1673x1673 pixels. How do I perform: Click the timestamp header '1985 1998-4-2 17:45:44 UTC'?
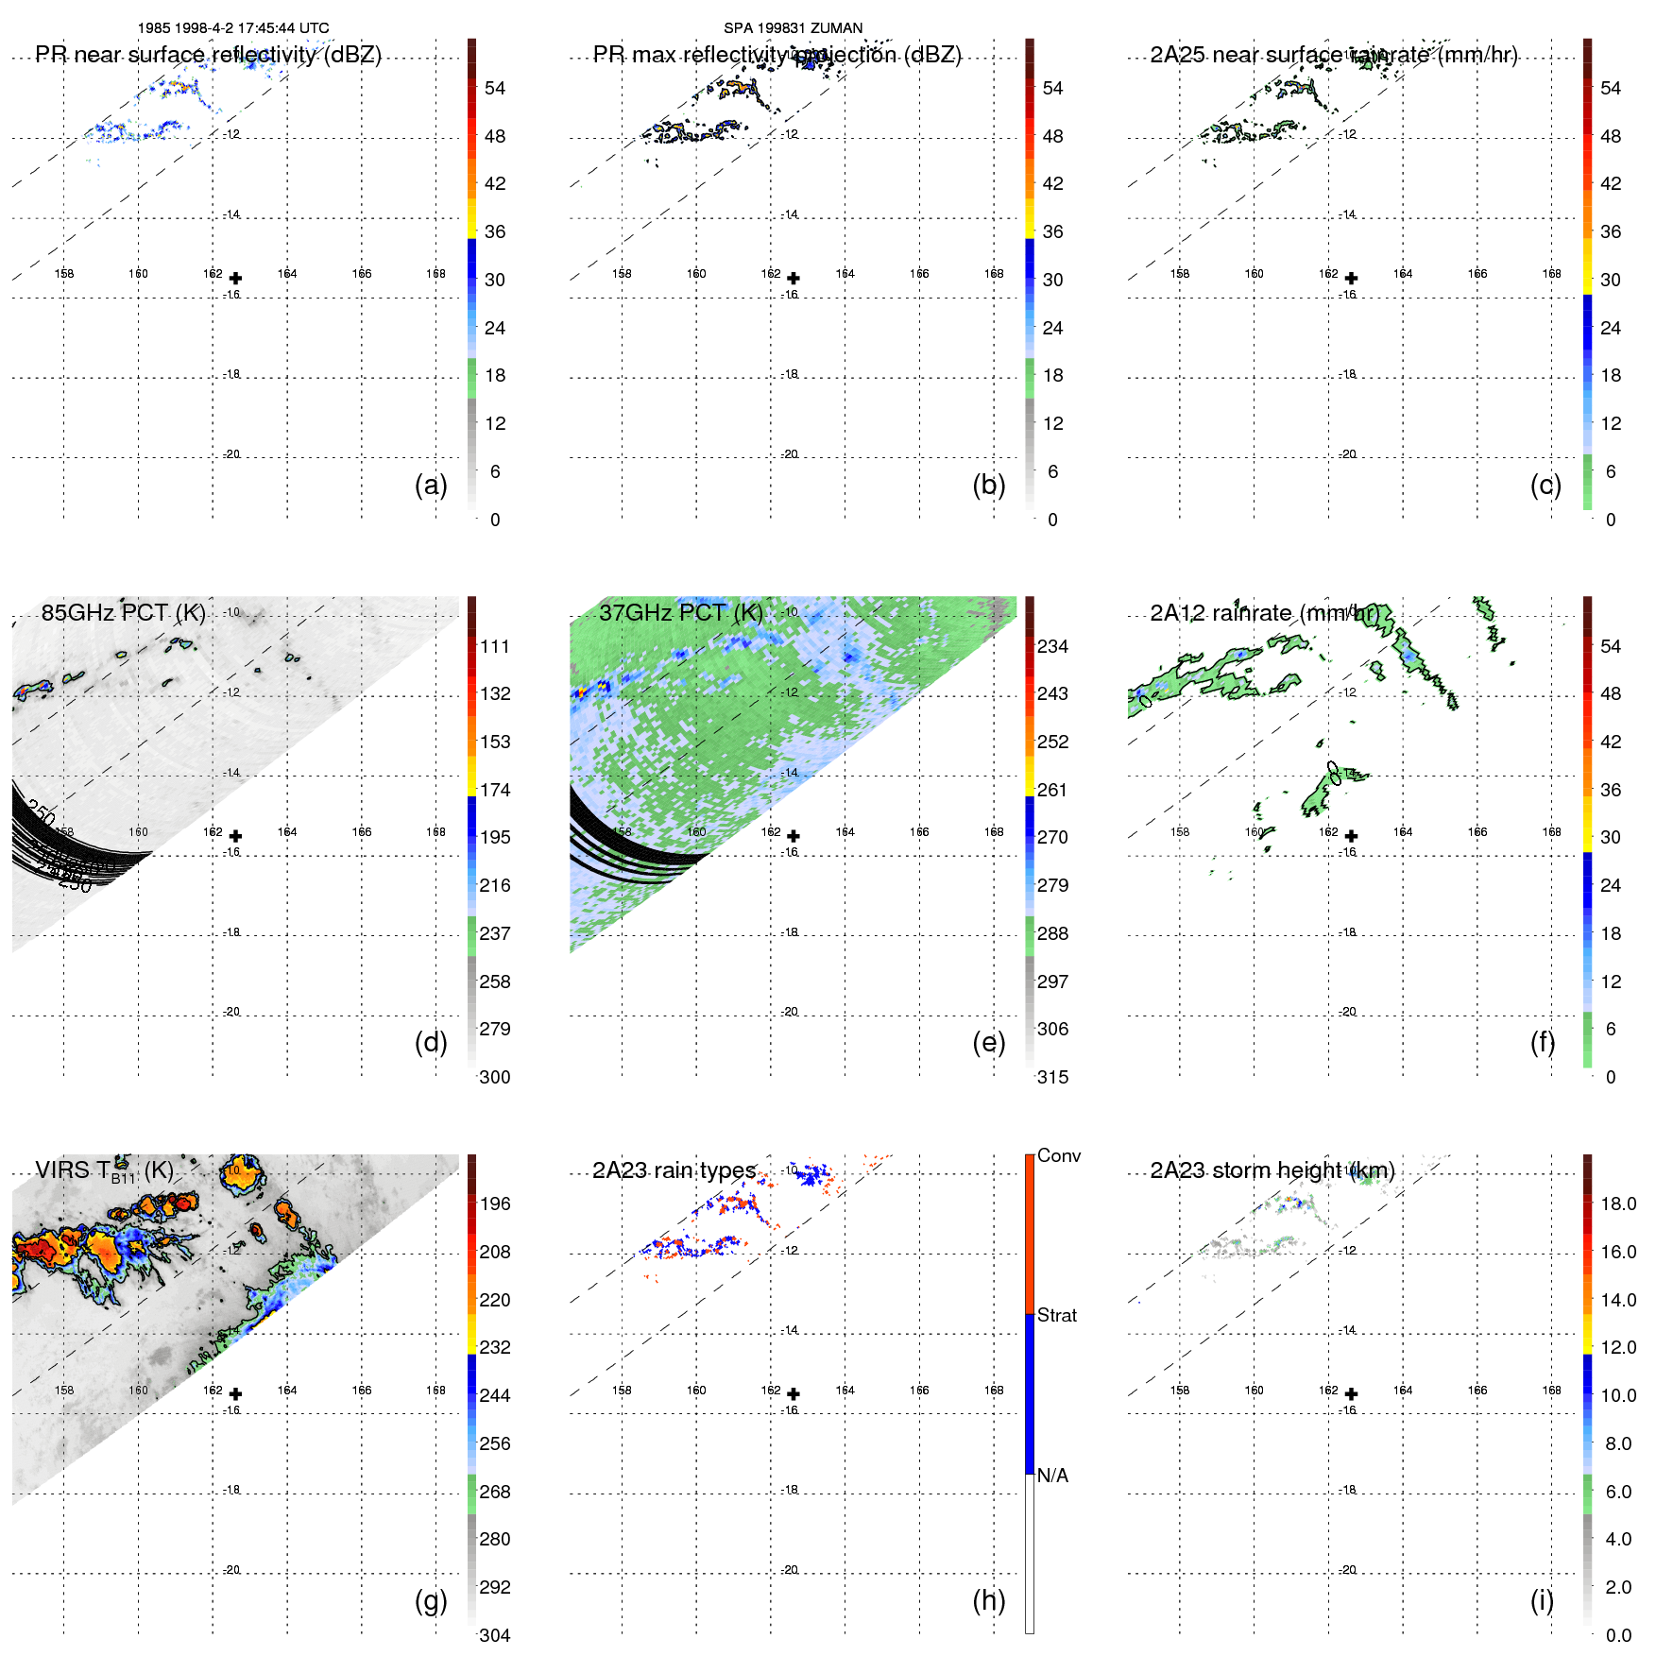(x=233, y=28)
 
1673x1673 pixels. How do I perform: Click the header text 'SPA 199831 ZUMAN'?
(x=793, y=28)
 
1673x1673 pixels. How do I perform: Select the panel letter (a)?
(x=431, y=485)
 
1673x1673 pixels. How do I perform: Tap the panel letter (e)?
(x=988, y=1042)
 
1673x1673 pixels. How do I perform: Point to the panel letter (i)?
(x=1542, y=1600)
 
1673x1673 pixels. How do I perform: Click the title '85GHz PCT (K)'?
(x=123, y=612)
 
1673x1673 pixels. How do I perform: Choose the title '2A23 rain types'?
(x=674, y=1170)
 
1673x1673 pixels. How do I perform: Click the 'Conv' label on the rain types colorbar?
(x=1058, y=1155)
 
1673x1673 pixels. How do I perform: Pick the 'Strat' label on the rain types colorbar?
(x=1056, y=1315)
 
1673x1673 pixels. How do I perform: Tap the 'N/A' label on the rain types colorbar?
(x=1052, y=1476)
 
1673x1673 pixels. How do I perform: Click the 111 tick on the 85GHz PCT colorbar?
(x=494, y=646)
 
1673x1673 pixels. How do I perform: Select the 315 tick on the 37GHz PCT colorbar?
(x=1052, y=1077)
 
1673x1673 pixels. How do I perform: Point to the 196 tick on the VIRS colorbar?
(x=494, y=1204)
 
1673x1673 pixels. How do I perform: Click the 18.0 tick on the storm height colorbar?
(x=1617, y=1204)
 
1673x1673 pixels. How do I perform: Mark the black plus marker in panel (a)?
(x=235, y=278)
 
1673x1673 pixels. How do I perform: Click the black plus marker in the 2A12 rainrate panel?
(x=1351, y=836)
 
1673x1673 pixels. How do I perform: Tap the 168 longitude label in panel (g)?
(x=435, y=1390)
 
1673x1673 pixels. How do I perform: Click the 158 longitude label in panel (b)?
(x=622, y=273)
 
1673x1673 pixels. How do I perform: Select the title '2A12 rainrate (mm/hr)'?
(x=1265, y=613)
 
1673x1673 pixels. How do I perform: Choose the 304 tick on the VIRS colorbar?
(x=494, y=1635)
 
